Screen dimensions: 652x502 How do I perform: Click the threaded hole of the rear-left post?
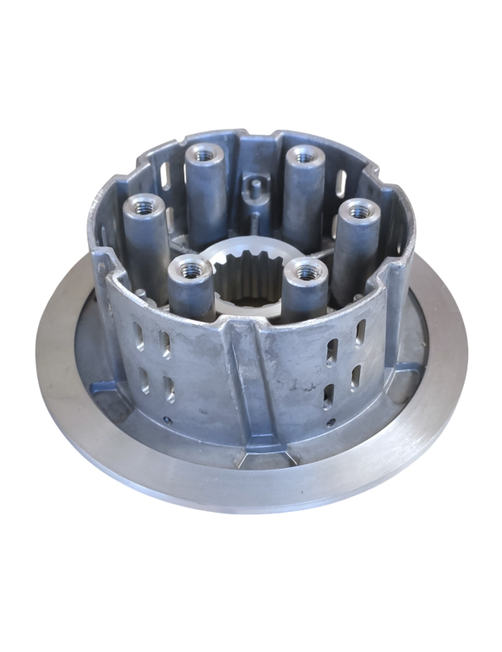point(205,155)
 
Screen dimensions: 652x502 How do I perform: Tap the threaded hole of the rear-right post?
point(302,157)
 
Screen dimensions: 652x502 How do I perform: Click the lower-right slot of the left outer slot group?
point(170,388)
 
